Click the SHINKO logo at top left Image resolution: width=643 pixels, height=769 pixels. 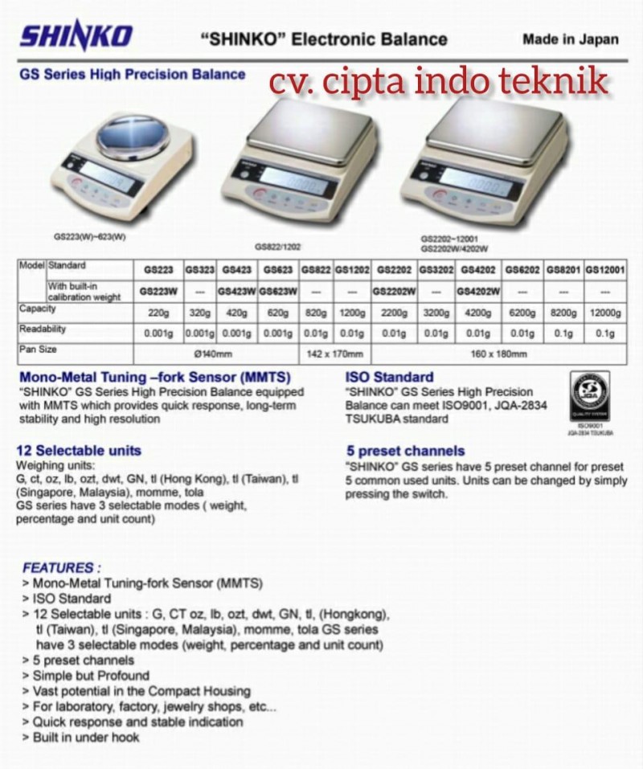click(76, 36)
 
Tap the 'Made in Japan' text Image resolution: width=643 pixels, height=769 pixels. click(571, 39)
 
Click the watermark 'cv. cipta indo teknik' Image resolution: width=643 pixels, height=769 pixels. click(438, 81)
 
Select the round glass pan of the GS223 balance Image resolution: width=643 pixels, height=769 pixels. click(133, 137)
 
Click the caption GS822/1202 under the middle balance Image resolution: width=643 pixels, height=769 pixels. click(278, 247)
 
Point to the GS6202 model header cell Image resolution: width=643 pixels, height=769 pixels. click(522, 270)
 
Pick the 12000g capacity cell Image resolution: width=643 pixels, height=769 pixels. click(605, 313)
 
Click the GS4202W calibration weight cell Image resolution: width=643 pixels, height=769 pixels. click(480, 290)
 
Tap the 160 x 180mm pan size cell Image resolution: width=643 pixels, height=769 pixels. click(498, 354)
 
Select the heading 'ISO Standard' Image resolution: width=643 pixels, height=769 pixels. click(390, 377)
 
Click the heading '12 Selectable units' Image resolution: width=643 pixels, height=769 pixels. click(79, 450)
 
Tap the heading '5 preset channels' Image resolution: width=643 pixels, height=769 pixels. click(405, 451)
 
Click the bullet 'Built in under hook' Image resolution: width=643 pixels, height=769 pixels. click(85, 736)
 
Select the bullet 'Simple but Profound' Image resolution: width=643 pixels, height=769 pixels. click(90, 675)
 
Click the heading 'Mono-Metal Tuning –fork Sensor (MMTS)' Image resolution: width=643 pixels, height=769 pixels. click(154, 377)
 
